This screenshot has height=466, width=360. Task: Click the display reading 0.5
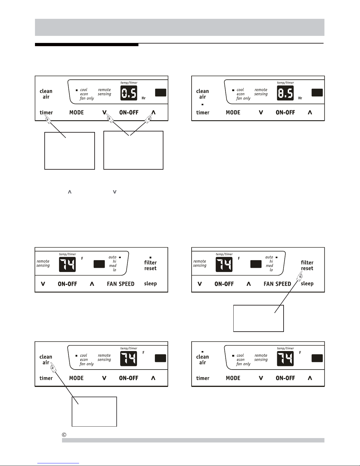click(129, 93)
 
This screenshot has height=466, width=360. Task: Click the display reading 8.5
click(285, 93)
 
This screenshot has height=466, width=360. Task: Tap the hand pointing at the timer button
click(48, 119)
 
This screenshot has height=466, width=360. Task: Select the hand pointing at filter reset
click(299, 276)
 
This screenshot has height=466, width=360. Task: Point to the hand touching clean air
click(53, 367)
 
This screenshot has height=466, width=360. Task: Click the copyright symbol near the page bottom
click(64, 435)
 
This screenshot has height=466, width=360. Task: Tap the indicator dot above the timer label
click(202, 104)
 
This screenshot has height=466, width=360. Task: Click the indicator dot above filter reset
click(150, 257)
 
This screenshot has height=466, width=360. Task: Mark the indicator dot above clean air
click(202, 352)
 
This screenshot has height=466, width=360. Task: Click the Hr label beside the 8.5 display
click(300, 98)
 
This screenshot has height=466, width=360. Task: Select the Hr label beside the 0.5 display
click(144, 98)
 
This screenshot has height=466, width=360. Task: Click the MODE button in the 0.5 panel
click(76, 112)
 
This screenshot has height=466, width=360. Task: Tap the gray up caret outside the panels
click(70, 192)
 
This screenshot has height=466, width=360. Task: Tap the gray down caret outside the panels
click(115, 192)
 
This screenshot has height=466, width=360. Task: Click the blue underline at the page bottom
click(58, 463)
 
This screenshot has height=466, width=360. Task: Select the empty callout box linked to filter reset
click(258, 318)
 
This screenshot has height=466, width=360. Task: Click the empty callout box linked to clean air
click(94, 412)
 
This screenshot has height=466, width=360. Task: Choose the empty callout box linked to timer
click(70, 151)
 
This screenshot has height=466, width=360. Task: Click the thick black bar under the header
click(87, 45)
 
